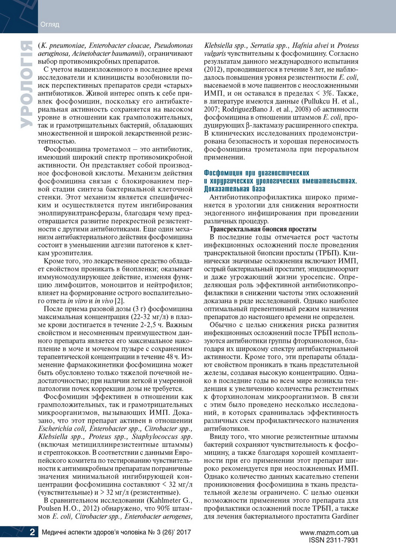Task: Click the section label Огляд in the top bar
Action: pos(50,24)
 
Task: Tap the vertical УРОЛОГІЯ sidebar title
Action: pos(26,84)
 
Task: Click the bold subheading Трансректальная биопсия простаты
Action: pos(263,229)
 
